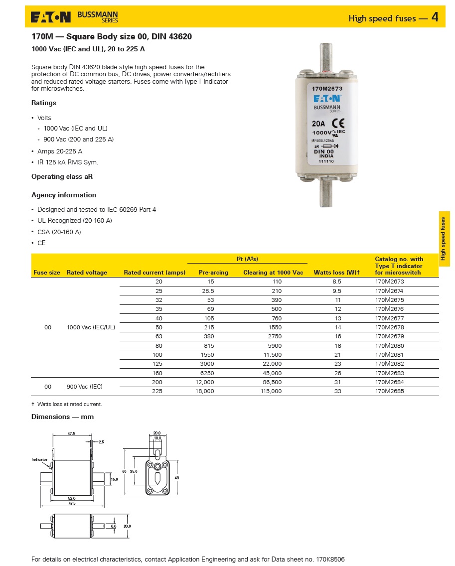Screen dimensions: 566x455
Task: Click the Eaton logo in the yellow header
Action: click(52, 18)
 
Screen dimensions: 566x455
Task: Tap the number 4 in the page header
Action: click(435, 17)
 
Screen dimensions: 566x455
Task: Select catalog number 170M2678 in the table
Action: click(389, 327)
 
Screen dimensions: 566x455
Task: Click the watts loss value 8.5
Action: click(337, 282)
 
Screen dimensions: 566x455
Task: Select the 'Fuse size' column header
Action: click(47, 273)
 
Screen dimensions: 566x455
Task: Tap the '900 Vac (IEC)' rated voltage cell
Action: click(86, 387)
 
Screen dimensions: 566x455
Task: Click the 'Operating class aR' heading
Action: click(62, 177)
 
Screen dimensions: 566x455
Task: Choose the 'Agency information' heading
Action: click(64, 195)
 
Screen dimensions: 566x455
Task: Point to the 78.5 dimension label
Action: click(72, 503)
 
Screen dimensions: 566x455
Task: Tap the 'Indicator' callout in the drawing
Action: click(39, 459)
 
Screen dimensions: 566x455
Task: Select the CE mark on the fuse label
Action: click(338, 124)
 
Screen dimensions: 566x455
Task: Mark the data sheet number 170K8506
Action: click(330, 560)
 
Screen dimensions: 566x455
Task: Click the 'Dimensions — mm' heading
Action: click(62, 417)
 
